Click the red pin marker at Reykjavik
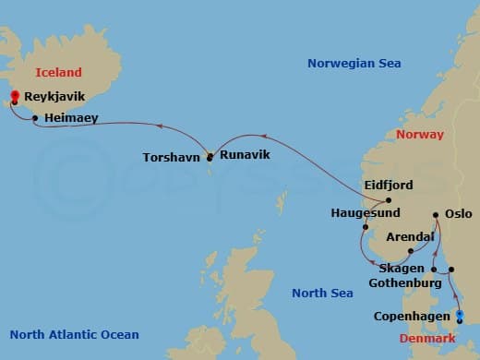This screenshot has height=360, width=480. (15, 96)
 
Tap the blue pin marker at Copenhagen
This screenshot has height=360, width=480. (459, 316)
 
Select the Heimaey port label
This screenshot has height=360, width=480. (70, 117)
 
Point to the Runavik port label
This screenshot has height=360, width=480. (245, 154)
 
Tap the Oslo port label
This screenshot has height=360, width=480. (458, 212)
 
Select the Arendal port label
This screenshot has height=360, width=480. (411, 237)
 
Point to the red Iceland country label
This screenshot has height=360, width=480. (58, 72)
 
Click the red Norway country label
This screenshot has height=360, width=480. (419, 135)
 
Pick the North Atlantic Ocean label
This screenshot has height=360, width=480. (74, 335)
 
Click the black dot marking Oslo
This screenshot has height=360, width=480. (436, 215)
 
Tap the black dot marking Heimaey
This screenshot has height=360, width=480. (35, 118)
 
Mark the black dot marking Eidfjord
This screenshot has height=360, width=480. (389, 200)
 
